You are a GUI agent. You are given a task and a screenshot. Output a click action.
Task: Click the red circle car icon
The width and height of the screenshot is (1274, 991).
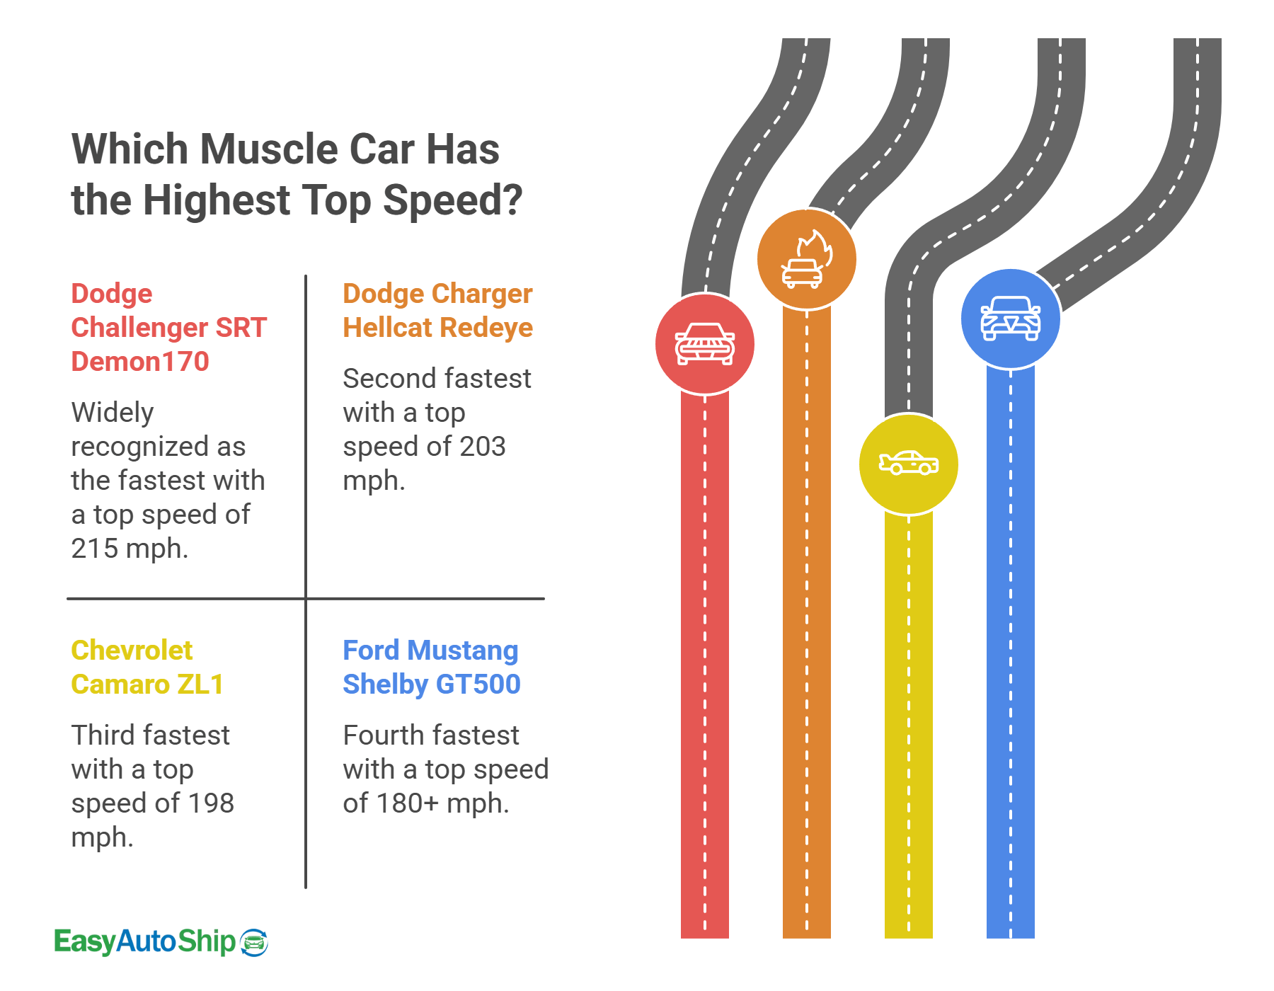705,344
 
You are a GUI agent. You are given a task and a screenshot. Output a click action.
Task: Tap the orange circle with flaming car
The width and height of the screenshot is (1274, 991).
807,260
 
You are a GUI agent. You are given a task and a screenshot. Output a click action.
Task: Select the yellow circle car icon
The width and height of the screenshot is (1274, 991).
909,464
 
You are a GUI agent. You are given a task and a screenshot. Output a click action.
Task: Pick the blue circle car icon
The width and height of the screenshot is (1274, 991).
1011,319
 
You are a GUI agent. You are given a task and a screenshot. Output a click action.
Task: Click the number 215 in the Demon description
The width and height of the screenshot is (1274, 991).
94,549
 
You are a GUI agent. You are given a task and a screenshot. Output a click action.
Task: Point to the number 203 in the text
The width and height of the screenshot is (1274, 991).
483,447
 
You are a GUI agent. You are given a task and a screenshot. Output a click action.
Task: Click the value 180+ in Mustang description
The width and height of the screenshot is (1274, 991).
403,803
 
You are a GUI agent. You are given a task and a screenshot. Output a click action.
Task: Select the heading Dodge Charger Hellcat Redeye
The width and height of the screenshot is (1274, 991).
437,311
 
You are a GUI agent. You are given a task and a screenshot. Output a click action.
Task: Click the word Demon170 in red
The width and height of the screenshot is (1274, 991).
140,362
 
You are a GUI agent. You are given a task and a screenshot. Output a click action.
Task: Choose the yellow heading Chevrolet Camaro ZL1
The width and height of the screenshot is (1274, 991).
147,668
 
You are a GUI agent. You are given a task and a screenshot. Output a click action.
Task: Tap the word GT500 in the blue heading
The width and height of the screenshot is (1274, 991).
478,684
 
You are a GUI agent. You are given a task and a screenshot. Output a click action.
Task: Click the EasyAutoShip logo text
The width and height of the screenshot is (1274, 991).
145,941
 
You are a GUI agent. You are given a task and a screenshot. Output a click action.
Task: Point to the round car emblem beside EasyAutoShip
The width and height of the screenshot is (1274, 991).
254,943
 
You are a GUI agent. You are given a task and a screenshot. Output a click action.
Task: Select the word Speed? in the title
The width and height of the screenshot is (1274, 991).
453,200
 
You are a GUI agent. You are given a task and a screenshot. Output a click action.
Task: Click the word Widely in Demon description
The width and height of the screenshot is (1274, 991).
113,413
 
